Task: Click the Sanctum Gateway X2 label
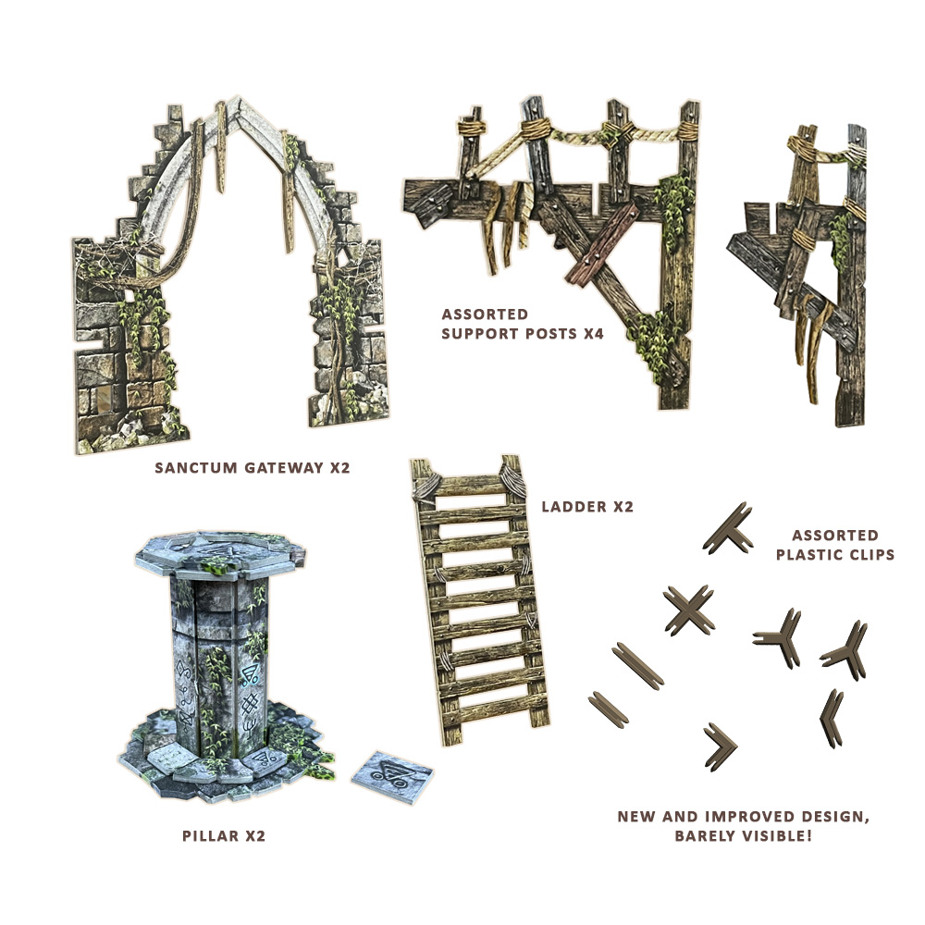pyautogui.click(x=252, y=468)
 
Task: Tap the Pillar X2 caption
pyautogui.click(x=224, y=835)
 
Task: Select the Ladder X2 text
pyautogui.click(x=587, y=507)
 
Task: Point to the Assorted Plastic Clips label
pyautogui.click(x=834, y=545)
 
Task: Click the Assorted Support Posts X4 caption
pyautogui.click(x=523, y=324)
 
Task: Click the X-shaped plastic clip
pyautogui.click(x=689, y=610)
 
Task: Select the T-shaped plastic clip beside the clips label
pyautogui.click(x=728, y=529)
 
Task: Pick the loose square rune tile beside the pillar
pyautogui.click(x=392, y=777)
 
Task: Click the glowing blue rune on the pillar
pyautogui.click(x=250, y=672)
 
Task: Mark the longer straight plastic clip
pyautogui.click(x=637, y=666)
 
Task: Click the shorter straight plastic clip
pyautogui.click(x=609, y=708)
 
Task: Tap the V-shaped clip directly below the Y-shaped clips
pyautogui.click(x=832, y=718)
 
